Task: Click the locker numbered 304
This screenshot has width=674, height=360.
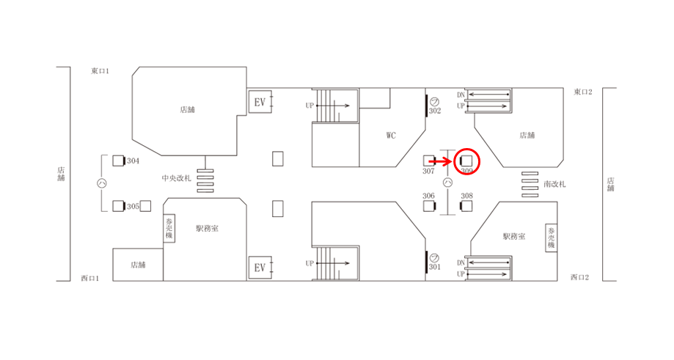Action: click(118, 161)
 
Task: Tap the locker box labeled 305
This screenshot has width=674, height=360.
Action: click(118, 206)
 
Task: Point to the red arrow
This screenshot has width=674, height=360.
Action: click(442, 160)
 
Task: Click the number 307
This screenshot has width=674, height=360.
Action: click(429, 171)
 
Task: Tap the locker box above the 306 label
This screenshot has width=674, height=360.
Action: click(429, 206)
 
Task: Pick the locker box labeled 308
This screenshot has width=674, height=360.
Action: click(466, 206)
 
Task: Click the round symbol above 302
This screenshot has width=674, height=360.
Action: click(433, 100)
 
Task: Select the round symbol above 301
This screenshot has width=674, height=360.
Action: click(433, 257)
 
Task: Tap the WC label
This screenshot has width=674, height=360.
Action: click(391, 135)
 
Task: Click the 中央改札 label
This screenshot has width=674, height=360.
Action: click(176, 178)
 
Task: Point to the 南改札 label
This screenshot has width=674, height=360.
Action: click(554, 184)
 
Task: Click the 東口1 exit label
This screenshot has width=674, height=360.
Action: click(100, 70)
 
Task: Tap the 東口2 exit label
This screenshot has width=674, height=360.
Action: click(583, 92)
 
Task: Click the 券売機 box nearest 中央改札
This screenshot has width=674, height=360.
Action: click(169, 229)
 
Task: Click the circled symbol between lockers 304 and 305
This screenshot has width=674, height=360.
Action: click(103, 183)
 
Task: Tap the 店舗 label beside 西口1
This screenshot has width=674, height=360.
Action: click(138, 264)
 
